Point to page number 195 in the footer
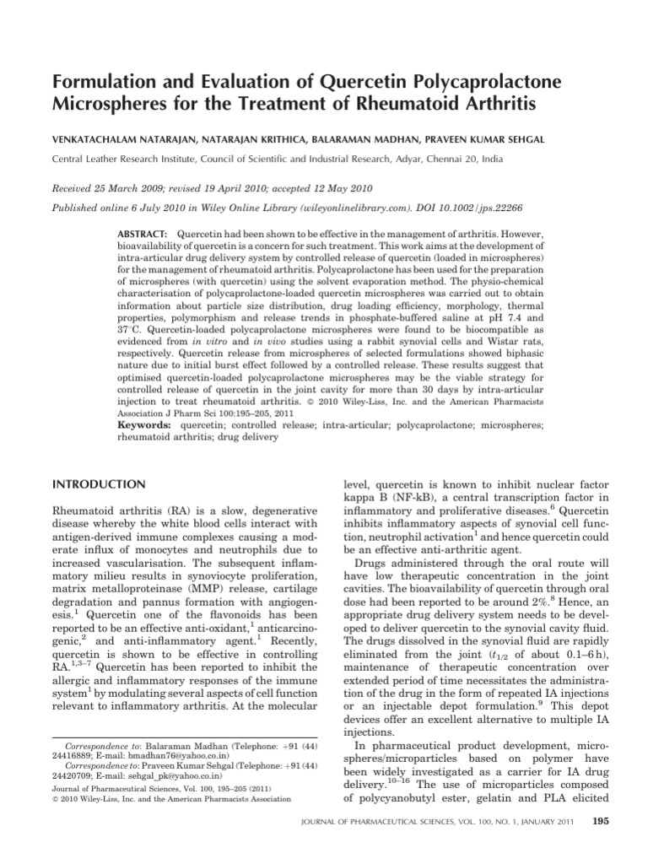pyautogui.click(x=601, y=822)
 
